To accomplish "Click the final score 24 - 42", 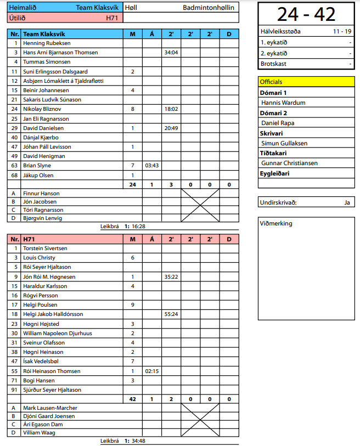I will (x=306, y=14).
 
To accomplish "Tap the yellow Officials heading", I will (x=272, y=82).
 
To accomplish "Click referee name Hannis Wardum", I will (x=283, y=103).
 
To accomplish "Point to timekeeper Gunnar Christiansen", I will (x=289, y=163).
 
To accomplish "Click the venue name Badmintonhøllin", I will (x=209, y=8).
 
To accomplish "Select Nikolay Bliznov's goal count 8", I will (x=133, y=109).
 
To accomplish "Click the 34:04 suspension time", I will (x=171, y=53).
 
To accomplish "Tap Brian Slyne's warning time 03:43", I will (x=152, y=166).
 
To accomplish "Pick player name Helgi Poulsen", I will (x=40, y=304).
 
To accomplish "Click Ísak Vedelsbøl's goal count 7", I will (x=133, y=362).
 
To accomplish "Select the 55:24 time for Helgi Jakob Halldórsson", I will (x=171, y=314).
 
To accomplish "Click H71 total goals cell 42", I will (x=133, y=399).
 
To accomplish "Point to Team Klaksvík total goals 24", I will (x=133, y=184).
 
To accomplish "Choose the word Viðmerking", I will (x=277, y=223).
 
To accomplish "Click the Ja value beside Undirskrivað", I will (x=347, y=202).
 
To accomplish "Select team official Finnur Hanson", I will (x=41, y=193).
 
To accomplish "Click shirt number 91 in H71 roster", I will (x=15, y=390).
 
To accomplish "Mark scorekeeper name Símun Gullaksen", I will (x=284, y=143).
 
